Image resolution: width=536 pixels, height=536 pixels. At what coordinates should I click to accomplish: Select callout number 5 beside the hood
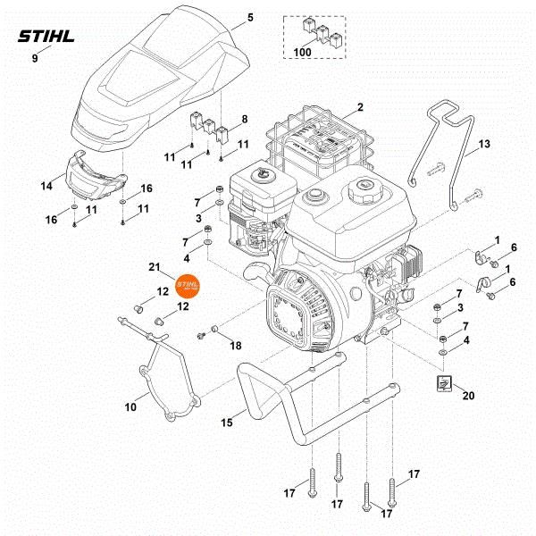tap(250, 18)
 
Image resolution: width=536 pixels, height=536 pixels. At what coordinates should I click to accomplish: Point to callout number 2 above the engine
tap(360, 108)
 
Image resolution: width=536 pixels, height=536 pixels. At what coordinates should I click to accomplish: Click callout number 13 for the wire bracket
tap(484, 144)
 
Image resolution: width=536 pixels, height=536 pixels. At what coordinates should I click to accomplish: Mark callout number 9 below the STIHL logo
tap(35, 58)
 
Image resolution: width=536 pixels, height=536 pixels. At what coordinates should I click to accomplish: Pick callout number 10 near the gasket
tap(130, 407)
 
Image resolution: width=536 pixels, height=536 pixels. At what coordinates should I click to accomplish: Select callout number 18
tap(236, 344)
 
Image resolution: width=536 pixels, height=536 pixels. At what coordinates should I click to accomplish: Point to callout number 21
tap(153, 267)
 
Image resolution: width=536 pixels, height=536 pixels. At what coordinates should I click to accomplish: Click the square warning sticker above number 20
tap(443, 383)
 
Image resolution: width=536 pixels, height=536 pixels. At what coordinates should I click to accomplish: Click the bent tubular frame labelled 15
tap(295, 402)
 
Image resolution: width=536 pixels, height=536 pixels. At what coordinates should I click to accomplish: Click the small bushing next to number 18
tap(215, 333)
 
